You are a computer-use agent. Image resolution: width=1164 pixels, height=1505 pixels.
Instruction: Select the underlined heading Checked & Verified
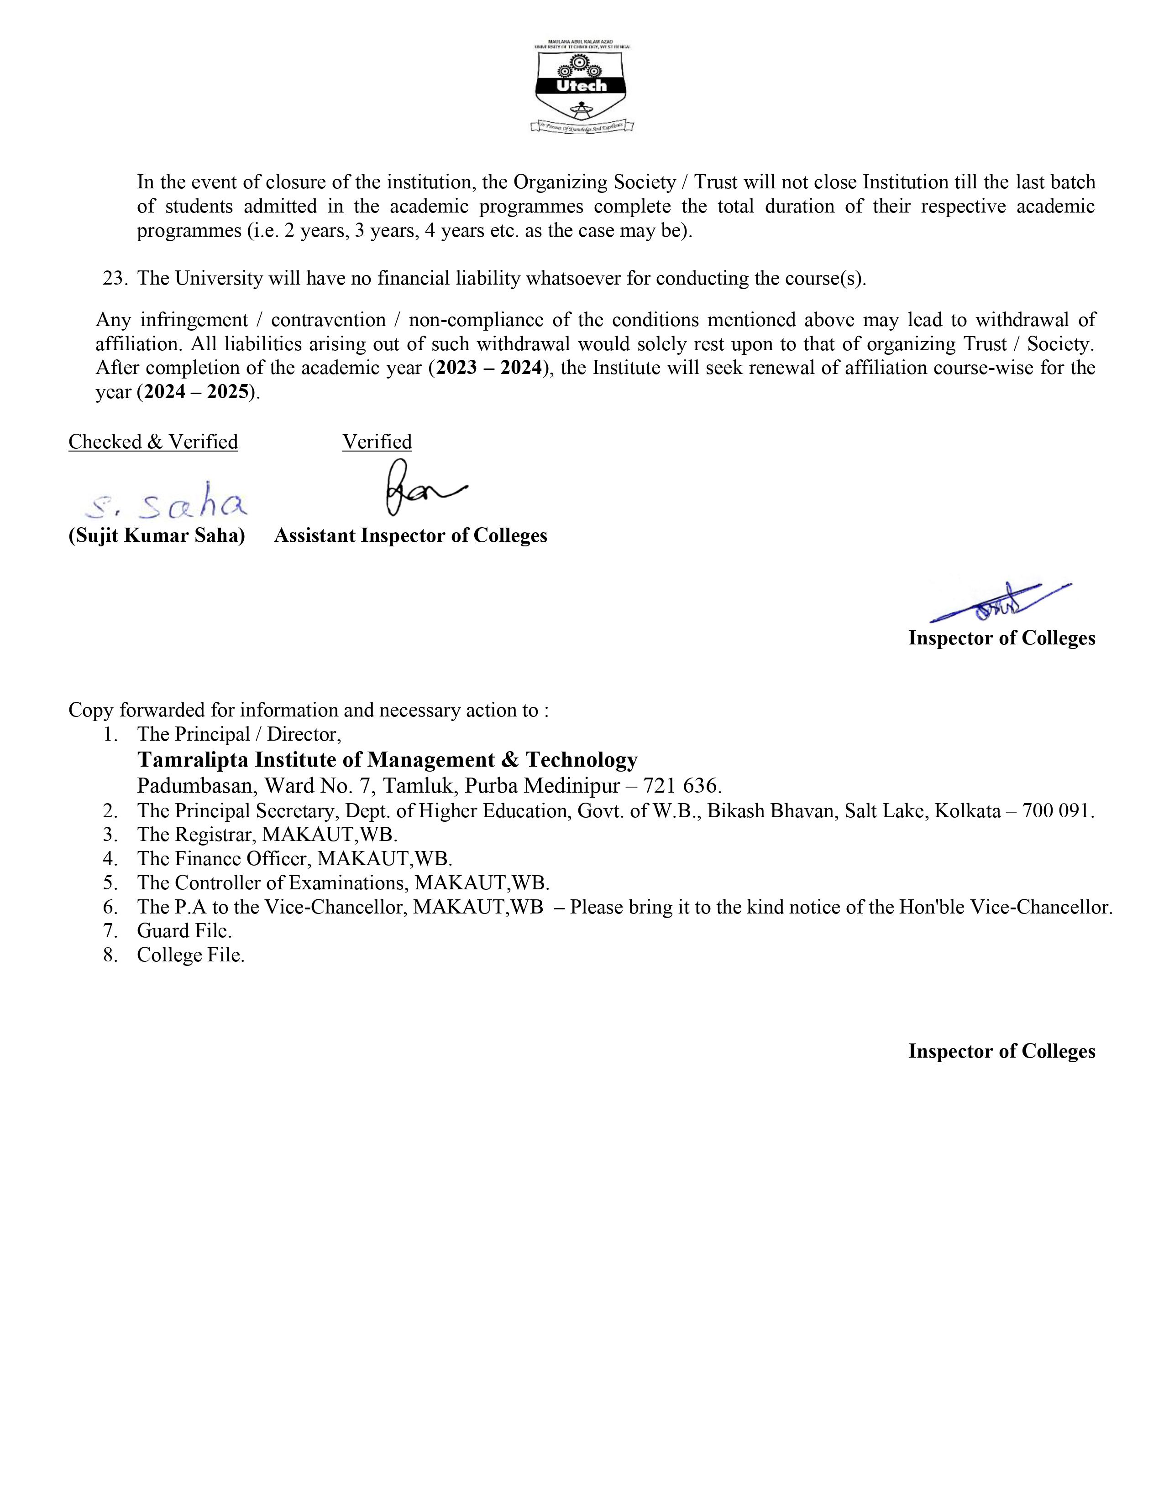click(153, 442)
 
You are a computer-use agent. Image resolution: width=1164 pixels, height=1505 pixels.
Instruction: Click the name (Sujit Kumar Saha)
click(157, 535)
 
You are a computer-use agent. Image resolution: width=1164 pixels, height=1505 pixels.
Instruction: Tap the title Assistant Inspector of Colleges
click(410, 535)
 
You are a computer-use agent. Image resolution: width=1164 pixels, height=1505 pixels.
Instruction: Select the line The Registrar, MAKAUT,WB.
click(267, 835)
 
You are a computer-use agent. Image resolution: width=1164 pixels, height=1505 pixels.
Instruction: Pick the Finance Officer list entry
click(294, 859)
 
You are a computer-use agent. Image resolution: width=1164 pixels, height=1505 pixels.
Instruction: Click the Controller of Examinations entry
click(343, 883)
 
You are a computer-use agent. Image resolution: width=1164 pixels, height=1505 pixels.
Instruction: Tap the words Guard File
click(184, 931)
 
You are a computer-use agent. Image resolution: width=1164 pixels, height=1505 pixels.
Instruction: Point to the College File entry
click(190, 955)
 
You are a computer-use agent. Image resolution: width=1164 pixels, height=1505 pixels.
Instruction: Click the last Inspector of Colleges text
click(1001, 1051)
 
